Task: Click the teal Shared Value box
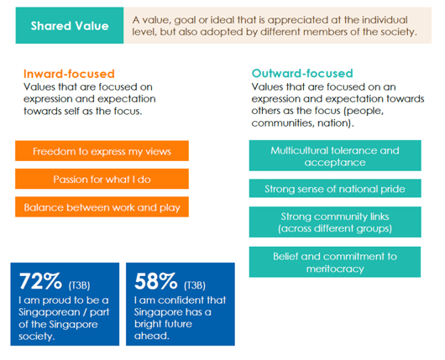70,25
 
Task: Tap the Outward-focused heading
302,73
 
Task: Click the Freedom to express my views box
102,151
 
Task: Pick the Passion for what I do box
102,179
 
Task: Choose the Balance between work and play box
102,207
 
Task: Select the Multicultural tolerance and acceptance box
335,155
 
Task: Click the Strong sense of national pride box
335,188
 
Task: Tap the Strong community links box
335,222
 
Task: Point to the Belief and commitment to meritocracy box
335,263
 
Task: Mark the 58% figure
154,280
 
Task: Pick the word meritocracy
334,269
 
